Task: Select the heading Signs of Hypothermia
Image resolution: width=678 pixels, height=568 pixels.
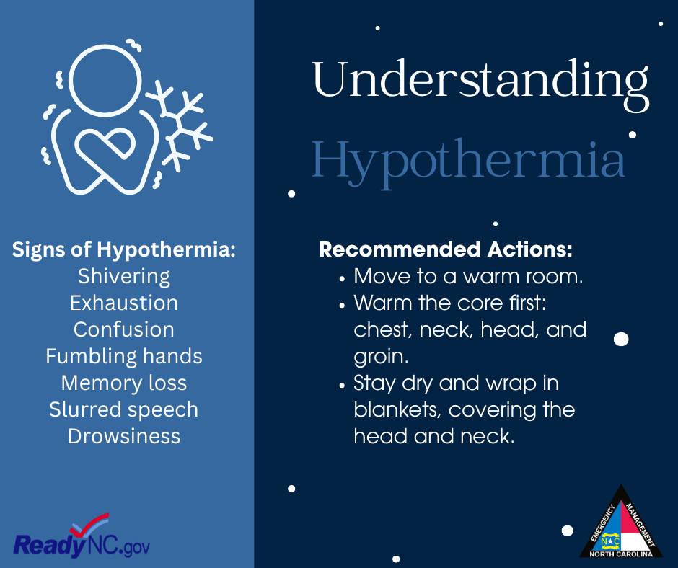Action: [123, 250]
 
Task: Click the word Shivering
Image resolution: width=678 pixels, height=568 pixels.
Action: [124, 277]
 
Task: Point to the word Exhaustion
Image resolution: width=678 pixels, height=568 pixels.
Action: [124, 303]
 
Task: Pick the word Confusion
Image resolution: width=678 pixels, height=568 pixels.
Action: [124, 329]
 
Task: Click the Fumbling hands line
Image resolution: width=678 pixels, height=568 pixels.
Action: [124, 356]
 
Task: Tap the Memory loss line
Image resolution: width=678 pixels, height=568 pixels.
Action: [124, 383]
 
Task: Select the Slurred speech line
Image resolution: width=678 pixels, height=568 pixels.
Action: [124, 410]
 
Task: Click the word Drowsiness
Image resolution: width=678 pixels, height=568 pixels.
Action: [124, 436]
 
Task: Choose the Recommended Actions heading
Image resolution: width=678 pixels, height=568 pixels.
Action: [445, 249]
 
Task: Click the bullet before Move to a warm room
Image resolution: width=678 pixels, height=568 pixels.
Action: [342, 279]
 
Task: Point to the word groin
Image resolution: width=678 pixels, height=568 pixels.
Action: [381, 358]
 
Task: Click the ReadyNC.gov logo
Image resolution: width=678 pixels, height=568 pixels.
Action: [82, 537]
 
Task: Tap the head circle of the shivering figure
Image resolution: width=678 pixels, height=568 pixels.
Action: [105, 81]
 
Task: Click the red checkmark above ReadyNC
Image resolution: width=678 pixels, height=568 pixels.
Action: [91, 524]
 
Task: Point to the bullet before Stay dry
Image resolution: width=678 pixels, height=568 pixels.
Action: [342, 386]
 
